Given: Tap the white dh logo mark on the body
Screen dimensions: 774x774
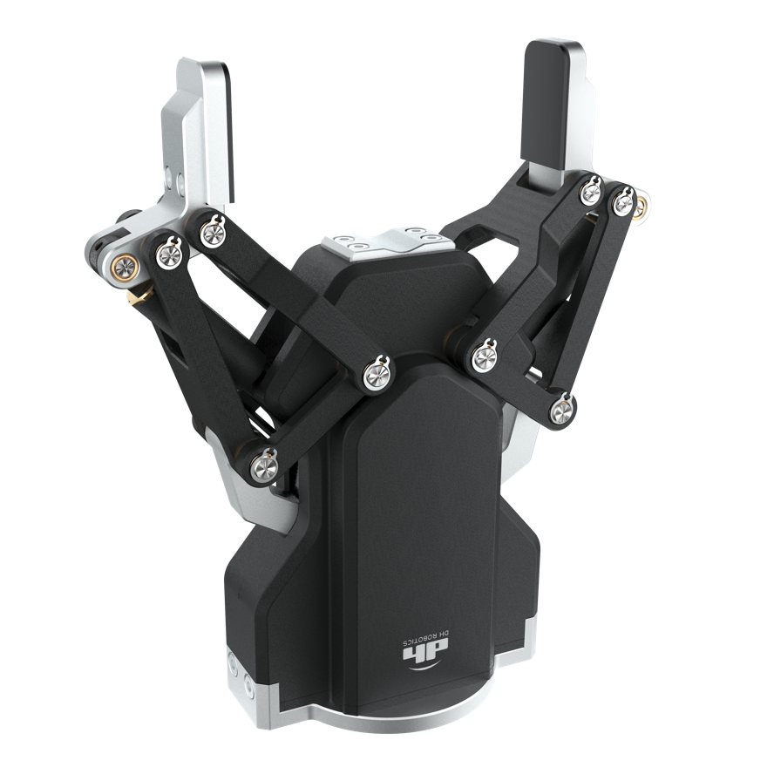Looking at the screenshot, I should [x=424, y=653].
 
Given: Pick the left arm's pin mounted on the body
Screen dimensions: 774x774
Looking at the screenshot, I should [x=378, y=374].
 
